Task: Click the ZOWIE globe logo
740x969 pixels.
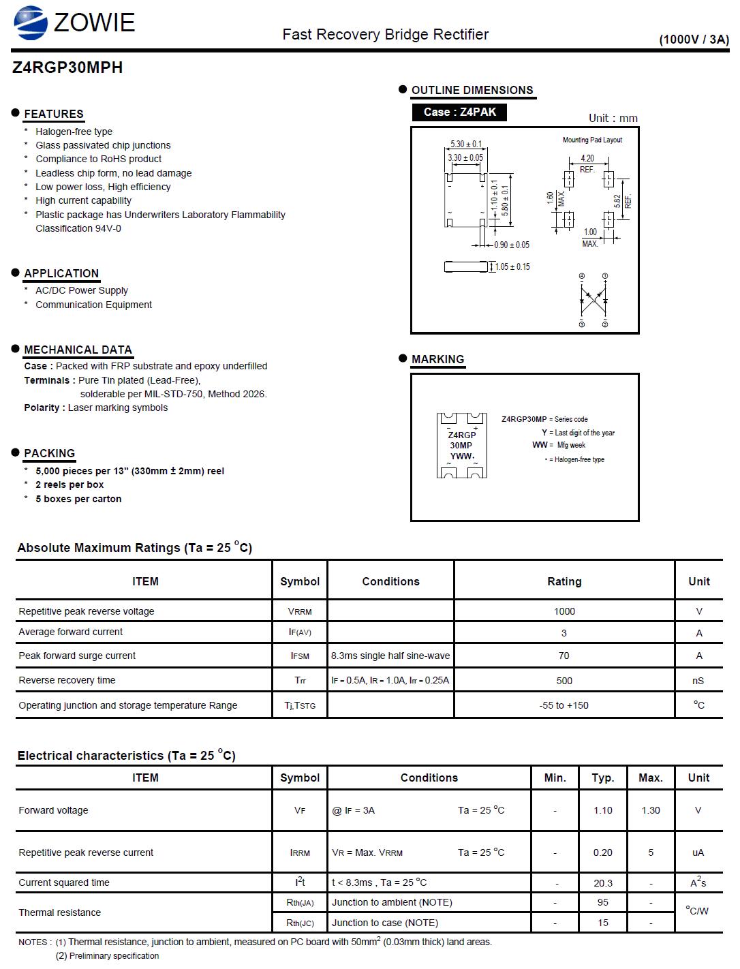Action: (31, 22)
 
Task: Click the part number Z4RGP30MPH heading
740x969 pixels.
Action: (67, 67)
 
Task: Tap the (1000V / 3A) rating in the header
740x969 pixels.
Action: (693, 40)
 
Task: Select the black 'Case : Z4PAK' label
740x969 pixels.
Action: (459, 112)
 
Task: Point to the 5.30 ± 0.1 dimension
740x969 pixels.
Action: (465, 144)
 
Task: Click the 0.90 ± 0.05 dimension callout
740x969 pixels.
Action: (512, 245)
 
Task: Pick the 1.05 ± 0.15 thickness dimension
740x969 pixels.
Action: (512, 267)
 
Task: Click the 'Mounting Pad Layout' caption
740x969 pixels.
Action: (592, 140)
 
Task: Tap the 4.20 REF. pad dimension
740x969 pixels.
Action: (587, 164)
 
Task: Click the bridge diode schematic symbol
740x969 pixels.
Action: (593, 300)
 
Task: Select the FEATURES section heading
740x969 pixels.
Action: (54, 114)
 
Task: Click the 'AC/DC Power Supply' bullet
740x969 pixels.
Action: (82, 291)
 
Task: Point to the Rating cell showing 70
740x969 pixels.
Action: (564, 656)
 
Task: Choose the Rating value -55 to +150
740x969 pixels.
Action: (564, 706)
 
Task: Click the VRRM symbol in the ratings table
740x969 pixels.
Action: (300, 612)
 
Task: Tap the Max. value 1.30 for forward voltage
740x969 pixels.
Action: (651, 811)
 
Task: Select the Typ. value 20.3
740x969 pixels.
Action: (603, 883)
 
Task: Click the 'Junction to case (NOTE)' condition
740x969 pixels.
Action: (385, 923)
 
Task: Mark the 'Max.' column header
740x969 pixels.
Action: (651, 778)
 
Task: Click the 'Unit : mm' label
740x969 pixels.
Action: (613, 119)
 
